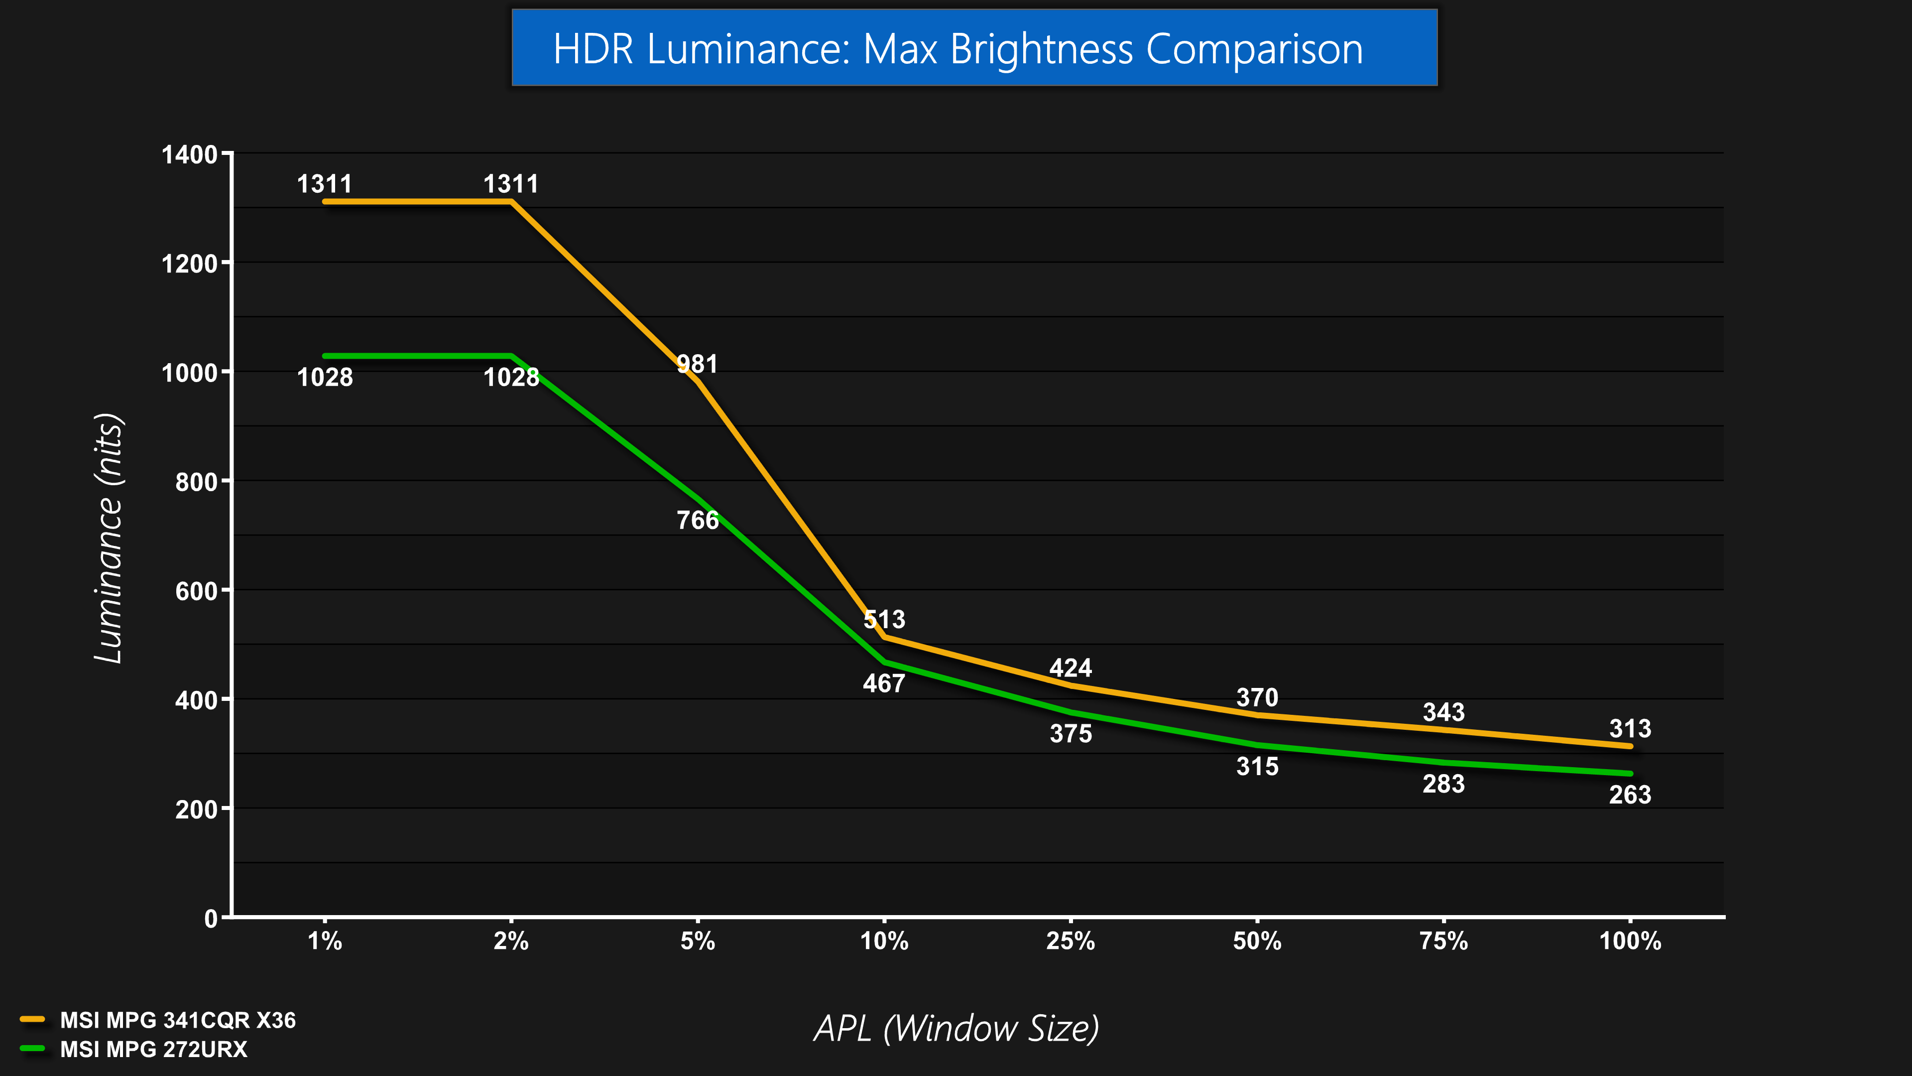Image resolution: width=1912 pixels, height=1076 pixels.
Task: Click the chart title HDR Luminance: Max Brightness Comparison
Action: tap(957, 49)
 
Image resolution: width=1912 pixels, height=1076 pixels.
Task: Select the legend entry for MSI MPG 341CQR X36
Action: tap(177, 1020)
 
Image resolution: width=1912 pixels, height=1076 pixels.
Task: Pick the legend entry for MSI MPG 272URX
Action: tap(154, 1049)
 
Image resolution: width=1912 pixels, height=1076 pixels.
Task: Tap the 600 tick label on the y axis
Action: tap(196, 591)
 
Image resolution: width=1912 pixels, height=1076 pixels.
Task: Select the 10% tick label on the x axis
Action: tap(884, 941)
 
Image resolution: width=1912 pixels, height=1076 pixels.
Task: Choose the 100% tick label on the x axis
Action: tap(1630, 941)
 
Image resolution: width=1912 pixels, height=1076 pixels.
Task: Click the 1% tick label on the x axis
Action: tap(325, 941)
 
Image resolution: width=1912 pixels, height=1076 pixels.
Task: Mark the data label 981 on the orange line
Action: tap(697, 364)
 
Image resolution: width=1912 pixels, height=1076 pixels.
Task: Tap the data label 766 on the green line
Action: tap(697, 520)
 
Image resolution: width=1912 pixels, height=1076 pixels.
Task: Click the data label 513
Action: tap(884, 619)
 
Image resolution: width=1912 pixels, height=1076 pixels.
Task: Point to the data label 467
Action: tap(884, 683)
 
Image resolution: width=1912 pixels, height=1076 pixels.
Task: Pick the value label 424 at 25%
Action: tap(1071, 668)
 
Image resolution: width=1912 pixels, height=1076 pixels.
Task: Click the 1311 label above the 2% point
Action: tap(511, 183)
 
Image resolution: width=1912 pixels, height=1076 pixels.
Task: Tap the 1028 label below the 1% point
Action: tap(325, 377)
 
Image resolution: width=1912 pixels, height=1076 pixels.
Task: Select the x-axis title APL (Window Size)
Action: tap(956, 1029)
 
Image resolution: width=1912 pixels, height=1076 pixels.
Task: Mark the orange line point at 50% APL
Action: tap(1257, 715)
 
